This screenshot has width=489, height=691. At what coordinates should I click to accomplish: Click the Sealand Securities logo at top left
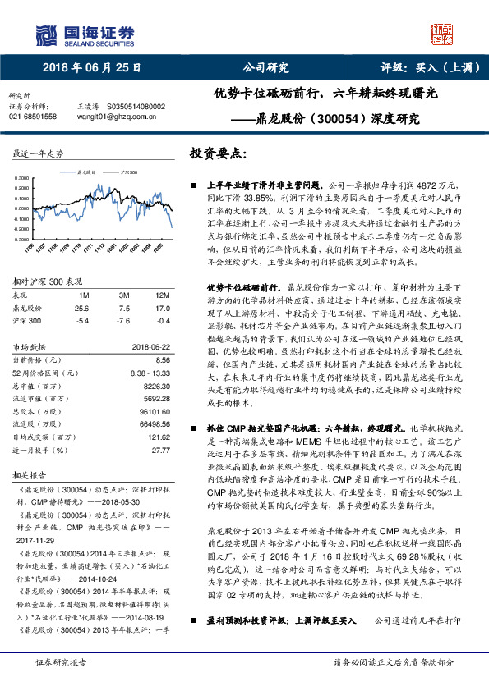point(77,34)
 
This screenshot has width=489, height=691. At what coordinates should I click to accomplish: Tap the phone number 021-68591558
point(32,117)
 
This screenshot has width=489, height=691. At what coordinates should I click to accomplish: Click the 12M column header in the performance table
point(162,295)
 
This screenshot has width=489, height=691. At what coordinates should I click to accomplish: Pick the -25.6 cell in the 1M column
point(81,308)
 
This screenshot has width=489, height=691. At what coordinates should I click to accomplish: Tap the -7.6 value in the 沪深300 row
point(124,320)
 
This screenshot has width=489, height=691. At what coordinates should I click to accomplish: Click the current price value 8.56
point(162,359)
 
